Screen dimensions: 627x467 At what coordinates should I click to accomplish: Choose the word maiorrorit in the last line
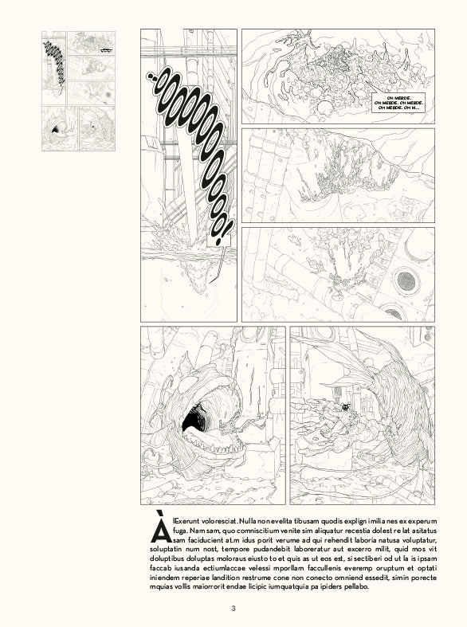(x=209, y=586)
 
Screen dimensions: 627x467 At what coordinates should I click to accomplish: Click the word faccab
(x=162, y=568)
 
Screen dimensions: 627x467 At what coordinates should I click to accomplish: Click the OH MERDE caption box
(x=403, y=103)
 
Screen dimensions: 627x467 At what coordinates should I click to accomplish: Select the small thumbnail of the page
(x=78, y=91)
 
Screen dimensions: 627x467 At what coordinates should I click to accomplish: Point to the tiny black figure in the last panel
(x=344, y=407)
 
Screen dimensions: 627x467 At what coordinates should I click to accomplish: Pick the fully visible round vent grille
(x=409, y=280)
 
